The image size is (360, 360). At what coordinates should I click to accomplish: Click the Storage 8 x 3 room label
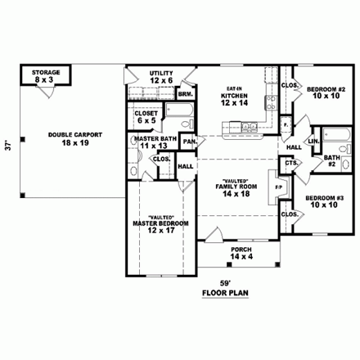tap(46, 76)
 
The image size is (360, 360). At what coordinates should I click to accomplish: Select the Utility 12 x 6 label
tap(160, 77)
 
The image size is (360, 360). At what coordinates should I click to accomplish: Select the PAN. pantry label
tap(189, 141)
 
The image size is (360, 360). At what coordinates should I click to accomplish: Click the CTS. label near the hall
tap(290, 164)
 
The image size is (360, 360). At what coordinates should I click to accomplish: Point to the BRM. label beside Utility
tap(186, 94)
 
